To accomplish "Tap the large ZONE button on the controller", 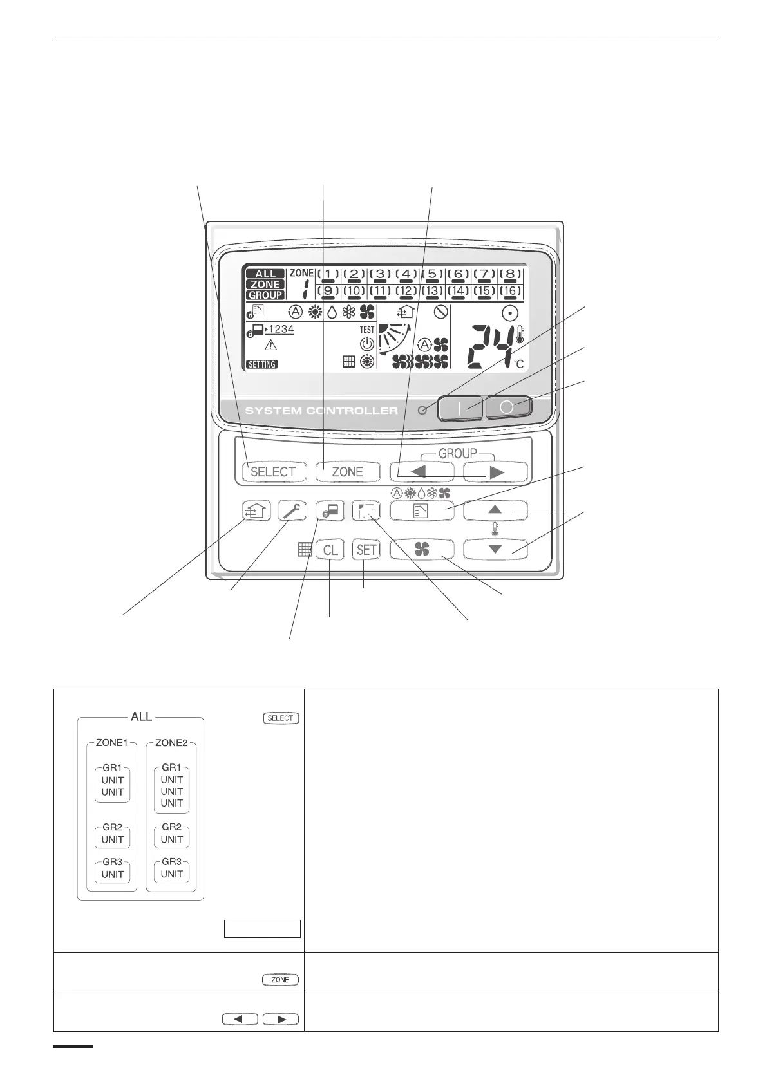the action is [347, 472].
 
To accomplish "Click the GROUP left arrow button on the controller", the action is [421, 472].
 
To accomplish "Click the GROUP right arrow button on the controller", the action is [495, 472].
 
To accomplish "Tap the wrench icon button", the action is [293, 511].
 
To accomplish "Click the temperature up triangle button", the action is [495, 510].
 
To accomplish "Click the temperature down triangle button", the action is [495, 550].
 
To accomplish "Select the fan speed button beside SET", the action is [422, 550].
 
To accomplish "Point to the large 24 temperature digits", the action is [492, 346].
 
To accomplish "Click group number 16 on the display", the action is [510, 291].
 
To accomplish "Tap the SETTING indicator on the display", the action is [262, 364].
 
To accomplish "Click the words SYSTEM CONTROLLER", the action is [321, 411].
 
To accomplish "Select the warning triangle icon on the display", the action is [271, 344].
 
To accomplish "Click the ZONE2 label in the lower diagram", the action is [171, 743].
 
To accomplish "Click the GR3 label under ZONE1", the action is [113, 862].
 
